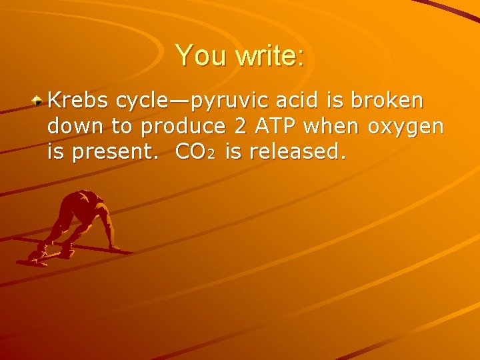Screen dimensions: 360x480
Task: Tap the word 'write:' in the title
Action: (x=269, y=55)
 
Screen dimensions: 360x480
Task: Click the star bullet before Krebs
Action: (x=39, y=101)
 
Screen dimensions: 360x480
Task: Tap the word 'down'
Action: (x=75, y=126)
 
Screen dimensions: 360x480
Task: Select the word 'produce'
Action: (x=181, y=127)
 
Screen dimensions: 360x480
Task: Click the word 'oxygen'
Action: (x=406, y=127)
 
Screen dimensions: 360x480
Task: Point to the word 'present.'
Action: (x=117, y=153)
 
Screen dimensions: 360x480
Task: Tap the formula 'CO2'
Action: (x=194, y=152)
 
